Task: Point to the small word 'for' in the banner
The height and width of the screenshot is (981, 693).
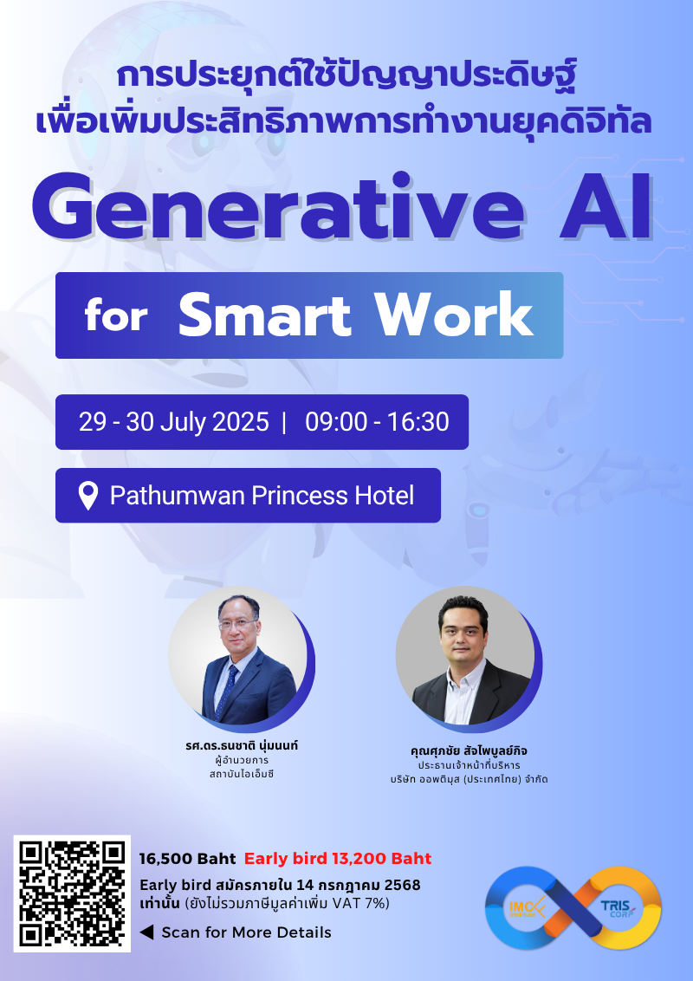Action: pos(116,317)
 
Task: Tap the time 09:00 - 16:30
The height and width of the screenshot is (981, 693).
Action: pos(377,422)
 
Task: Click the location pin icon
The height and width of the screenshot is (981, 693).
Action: pos(88,496)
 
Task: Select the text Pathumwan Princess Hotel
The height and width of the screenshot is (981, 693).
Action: pos(262,496)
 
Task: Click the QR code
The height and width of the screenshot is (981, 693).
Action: pos(72,893)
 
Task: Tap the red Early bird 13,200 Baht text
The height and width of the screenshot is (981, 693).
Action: pos(338,859)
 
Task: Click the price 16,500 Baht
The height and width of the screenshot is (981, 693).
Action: pos(187,859)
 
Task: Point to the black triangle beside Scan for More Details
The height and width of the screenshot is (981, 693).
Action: pos(146,932)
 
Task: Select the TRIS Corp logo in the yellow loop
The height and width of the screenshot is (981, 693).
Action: pos(617,906)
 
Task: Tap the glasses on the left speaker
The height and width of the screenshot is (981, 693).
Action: pos(240,623)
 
